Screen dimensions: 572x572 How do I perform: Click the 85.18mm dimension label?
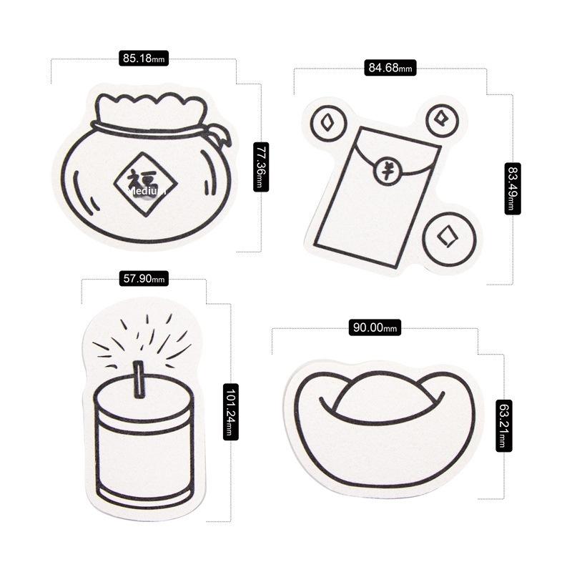click(x=144, y=59)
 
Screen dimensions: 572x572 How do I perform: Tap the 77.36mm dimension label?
click(x=261, y=167)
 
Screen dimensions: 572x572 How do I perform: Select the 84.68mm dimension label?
click(x=390, y=68)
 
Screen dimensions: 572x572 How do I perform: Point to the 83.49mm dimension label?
click(x=513, y=188)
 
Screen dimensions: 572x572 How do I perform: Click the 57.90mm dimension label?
click(x=144, y=279)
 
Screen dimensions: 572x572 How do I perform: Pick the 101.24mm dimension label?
click(x=230, y=412)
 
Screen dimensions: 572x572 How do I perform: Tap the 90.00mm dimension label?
click(x=375, y=327)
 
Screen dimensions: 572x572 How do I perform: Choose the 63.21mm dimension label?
click(x=504, y=425)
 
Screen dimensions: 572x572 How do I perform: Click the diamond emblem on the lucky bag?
click(x=145, y=184)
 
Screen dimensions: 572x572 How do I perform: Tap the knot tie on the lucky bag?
click(x=219, y=134)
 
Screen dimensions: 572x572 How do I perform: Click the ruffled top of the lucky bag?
click(x=149, y=109)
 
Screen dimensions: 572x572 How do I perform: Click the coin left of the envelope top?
click(x=328, y=123)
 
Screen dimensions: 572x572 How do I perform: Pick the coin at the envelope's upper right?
click(x=442, y=120)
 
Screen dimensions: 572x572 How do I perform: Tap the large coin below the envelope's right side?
click(x=450, y=238)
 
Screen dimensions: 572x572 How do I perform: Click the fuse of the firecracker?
click(x=139, y=380)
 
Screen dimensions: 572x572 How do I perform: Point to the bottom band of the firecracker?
click(x=144, y=493)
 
